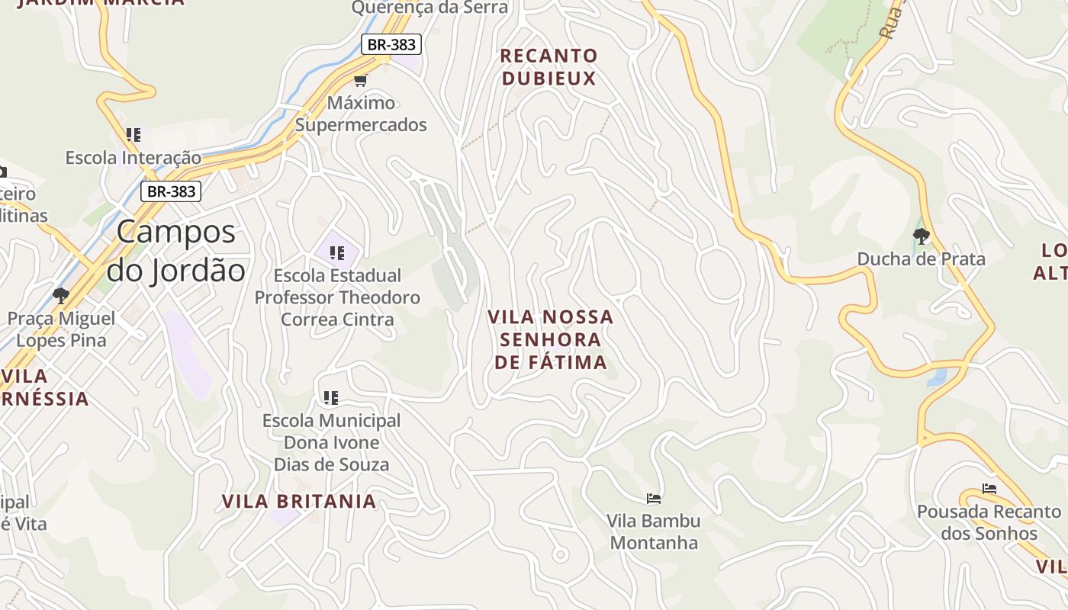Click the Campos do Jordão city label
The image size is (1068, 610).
click(x=175, y=251)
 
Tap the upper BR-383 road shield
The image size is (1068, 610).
click(x=391, y=44)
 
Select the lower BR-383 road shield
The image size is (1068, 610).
click(x=171, y=191)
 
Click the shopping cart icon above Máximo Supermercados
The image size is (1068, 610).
click(x=361, y=80)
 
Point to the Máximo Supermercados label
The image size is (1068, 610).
click(x=361, y=114)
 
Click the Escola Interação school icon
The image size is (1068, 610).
click(x=133, y=135)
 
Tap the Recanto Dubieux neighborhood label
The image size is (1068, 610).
click(x=548, y=67)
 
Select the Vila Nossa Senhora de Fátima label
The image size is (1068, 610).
click(x=551, y=339)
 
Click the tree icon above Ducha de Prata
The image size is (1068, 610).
click(x=922, y=236)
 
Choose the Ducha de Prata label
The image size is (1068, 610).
click(x=921, y=258)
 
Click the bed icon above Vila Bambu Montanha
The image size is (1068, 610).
click(x=654, y=499)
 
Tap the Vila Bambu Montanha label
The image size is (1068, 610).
click(x=654, y=531)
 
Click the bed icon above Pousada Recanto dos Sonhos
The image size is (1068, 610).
click(x=989, y=489)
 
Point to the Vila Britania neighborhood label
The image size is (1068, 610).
click(x=299, y=501)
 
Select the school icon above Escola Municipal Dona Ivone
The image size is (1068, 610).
click(x=330, y=397)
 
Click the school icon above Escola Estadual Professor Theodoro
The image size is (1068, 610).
click(x=336, y=252)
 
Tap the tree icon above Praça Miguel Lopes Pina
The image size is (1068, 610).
click(x=61, y=295)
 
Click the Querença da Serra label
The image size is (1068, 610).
click(x=429, y=8)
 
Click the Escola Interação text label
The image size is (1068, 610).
click(x=133, y=158)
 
